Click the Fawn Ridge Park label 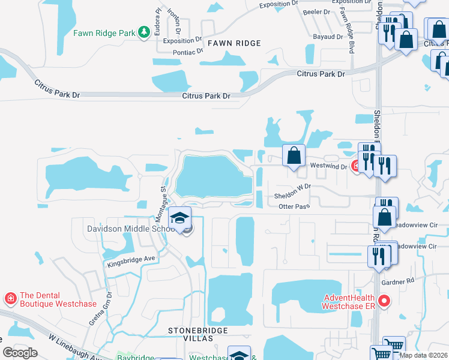[x=104, y=33]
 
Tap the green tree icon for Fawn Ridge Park [x=144, y=32]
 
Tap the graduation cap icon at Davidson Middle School [x=179, y=219]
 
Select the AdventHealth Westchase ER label [x=348, y=301]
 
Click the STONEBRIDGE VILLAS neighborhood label [x=191, y=334]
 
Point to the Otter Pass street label [x=294, y=206]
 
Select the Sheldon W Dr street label [x=292, y=192]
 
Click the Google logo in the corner [x=20, y=352]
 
